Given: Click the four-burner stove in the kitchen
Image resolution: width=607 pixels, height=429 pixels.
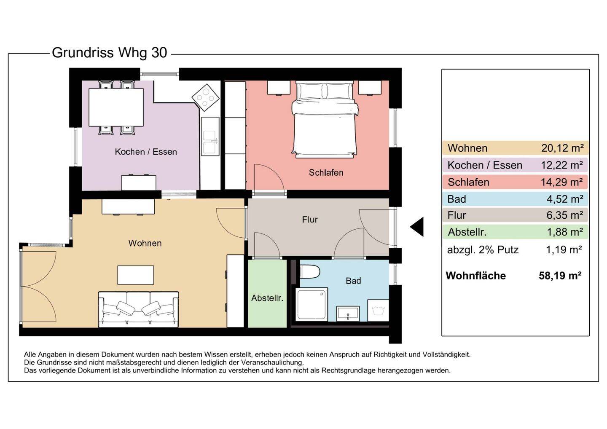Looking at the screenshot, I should pyautogui.click(x=206, y=98).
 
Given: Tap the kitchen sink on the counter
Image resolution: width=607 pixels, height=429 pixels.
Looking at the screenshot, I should pyautogui.click(x=209, y=142).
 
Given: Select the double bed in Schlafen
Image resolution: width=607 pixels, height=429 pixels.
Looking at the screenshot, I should pyautogui.click(x=325, y=120).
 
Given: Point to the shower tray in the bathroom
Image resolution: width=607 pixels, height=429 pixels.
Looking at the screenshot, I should pyautogui.click(x=312, y=304).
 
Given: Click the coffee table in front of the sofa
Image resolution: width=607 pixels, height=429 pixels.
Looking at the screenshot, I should pyautogui.click(x=135, y=275).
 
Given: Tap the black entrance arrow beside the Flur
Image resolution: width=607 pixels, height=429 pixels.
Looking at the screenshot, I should pyautogui.click(x=417, y=227).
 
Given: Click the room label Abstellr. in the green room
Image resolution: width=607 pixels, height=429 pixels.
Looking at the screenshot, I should pyautogui.click(x=267, y=298).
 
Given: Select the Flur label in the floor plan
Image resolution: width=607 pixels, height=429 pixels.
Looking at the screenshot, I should pyautogui.click(x=310, y=220).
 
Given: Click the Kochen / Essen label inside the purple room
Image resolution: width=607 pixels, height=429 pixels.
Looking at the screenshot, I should pyautogui.click(x=146, y=152).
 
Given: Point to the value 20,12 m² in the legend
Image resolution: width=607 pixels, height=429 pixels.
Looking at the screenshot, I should pyautogui.click(x=562, y=148).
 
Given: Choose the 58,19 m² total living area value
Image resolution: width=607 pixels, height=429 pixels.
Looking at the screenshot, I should pyautogui.click(x=560, y=276).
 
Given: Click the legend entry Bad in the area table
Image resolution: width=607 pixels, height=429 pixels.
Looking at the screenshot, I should pyautogui.click(x=457, y=199).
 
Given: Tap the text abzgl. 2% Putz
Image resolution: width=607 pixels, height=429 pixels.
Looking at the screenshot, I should pyautogui.click(x=483, y=249).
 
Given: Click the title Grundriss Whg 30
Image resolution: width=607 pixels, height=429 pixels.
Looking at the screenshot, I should pyautogui.click(x=110, y=53).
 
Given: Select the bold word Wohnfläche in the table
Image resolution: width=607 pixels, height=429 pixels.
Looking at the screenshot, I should pyautogui.click(x=475, y=276).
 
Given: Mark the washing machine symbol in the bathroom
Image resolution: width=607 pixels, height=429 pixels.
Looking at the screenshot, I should pyautogui.click(x=378, y=311).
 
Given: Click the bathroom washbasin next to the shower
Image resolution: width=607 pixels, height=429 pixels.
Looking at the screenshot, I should pyautogui.click(x=348, y=314).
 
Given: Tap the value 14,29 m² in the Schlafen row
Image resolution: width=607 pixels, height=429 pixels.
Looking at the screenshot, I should pyautogui.click(x=561, y=182).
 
